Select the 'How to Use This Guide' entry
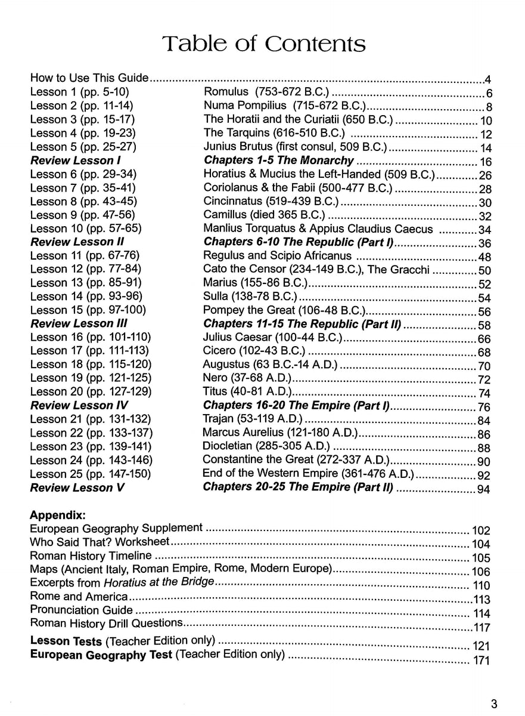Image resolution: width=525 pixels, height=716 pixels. click(x=89, y=78)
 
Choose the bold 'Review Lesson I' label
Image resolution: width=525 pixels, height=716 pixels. click(x=71, y=161)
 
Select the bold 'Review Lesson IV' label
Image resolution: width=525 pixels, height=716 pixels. click(x=74, y=406)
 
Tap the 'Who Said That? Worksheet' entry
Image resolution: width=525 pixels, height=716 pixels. click(x=100, y=542)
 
